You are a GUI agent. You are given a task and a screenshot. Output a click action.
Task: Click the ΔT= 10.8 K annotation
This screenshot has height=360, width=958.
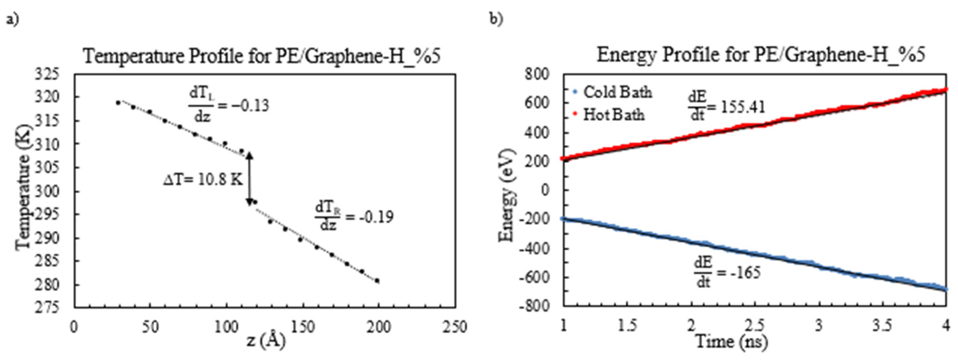pyautogui.click(x=203, y=180)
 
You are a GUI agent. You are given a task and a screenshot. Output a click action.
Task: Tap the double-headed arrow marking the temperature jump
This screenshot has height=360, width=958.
pyautogui.click(x=250, y=179)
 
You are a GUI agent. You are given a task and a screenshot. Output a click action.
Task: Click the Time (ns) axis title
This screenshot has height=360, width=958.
pyautogui.click(x=731, y=341)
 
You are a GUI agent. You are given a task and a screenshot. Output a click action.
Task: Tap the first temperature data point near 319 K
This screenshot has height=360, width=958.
pyautogui.click(x=118, y=103)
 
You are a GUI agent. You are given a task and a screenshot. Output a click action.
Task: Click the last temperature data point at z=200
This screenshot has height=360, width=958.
pyautogui.click(x=377, y=281)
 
